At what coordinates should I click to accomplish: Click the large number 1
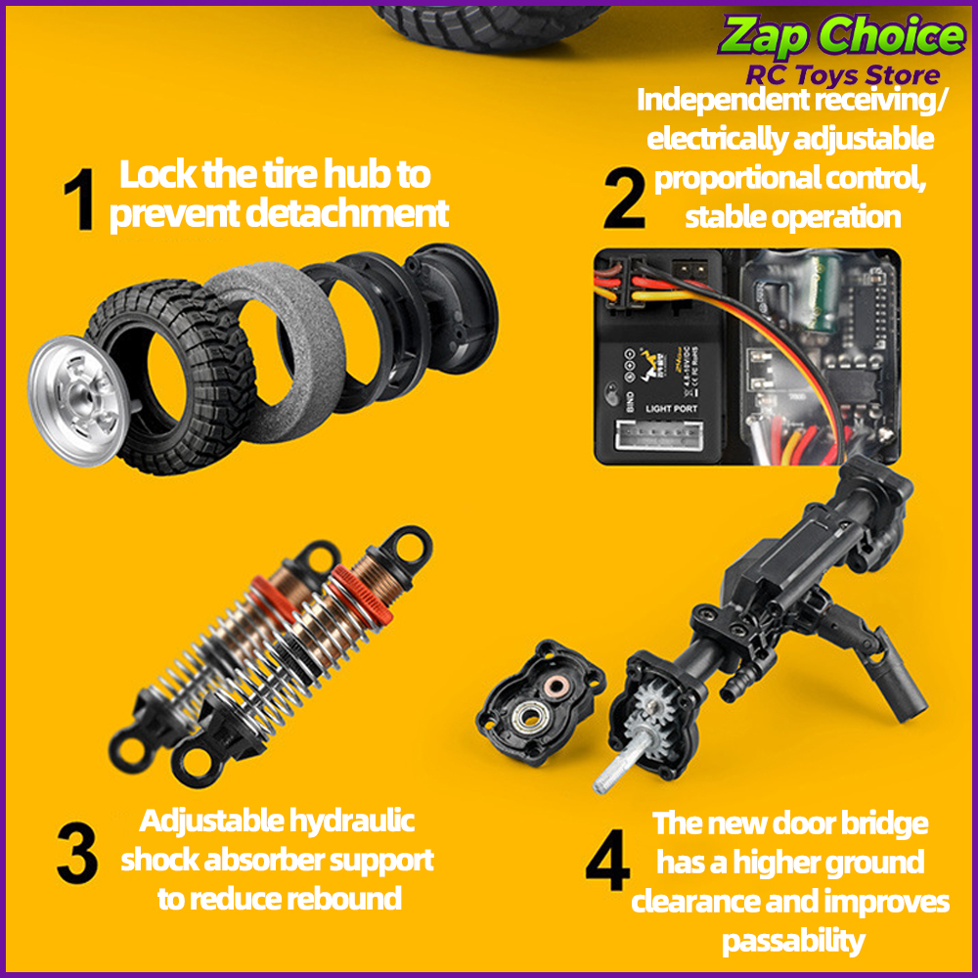click(80, 199)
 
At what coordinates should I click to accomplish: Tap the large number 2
click(624, 198)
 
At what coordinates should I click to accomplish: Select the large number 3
click(77, 852)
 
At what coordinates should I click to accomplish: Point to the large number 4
click(607, 860)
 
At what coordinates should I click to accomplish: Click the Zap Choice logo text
click(841, 35)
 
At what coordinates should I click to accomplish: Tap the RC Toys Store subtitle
click(843, 75)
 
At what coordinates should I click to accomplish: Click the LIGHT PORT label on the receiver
click(671, 409)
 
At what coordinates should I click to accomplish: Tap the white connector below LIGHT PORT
click(658, 434)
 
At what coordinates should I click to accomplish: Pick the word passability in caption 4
click(793, 941)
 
